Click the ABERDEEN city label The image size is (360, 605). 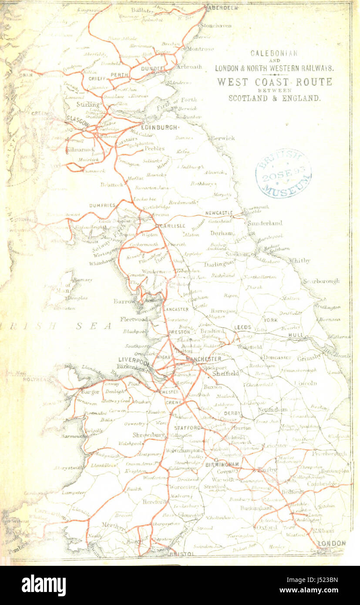click(223, 8)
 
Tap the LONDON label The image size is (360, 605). click(332, 543)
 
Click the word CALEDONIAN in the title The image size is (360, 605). click(274, 54)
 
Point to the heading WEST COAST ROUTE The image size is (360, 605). click(274, 82)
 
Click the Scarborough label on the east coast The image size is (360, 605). click(321, 281)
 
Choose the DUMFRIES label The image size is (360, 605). click(102, 205)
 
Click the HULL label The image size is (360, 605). click(296, 335)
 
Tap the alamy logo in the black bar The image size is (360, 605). click(44, 585)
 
